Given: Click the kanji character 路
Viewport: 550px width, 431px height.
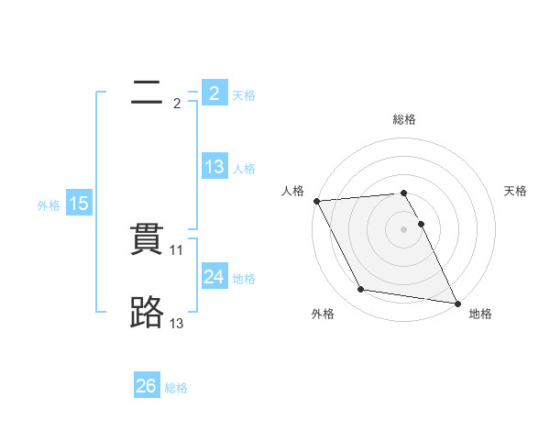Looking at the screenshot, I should pos(147,314).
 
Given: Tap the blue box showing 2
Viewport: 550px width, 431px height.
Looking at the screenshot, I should pos(214,93).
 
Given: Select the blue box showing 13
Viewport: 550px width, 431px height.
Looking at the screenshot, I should pos(214,167).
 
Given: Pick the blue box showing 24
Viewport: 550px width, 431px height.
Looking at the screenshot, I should pos(214,276).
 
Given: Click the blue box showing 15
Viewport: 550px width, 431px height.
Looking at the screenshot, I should pos(79,204).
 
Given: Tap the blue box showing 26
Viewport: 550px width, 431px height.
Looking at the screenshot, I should pos(146,386).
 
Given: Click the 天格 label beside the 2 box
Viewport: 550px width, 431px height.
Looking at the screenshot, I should pos(244,94).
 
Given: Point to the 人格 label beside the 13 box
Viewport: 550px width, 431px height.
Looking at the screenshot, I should pos(244,169).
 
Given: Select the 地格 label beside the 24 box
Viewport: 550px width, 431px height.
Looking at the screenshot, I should pos(244,278).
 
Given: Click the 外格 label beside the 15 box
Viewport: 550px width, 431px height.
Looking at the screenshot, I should pos(49,205).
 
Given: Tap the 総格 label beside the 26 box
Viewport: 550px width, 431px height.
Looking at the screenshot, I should pos(176,388).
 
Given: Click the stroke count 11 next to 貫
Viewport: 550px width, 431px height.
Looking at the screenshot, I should pos(178,249).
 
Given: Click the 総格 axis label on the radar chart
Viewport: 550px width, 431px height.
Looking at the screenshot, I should pos(404,119).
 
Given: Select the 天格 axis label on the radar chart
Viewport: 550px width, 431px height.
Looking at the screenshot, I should pos(516,191).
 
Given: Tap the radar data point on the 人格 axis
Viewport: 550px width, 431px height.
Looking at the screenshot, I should pos(316,201).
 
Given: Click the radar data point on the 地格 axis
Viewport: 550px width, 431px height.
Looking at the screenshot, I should pos(457,303).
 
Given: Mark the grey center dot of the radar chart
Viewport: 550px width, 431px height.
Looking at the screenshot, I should pos(403,229).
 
